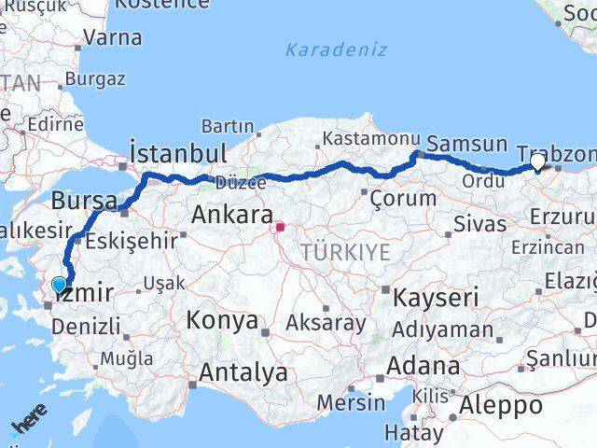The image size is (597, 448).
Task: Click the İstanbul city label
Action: coord(178,152)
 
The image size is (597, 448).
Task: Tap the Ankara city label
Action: coord(232,215)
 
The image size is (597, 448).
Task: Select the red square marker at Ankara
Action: coord(280,226)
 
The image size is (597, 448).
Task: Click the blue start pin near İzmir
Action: coord(60,285)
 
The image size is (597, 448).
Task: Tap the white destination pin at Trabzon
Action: coord(538,163)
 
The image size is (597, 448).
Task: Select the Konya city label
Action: coord(222,320)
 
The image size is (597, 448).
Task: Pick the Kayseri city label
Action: coord(436,299)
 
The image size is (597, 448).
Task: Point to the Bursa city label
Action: coord(84,201)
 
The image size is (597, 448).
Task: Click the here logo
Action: coord(30,425)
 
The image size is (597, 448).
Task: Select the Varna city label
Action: coord(113,38)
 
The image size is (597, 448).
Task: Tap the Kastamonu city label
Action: coord(365,139)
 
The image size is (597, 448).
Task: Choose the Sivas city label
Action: coord(479,224)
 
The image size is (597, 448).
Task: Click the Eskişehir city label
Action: coord(130,241)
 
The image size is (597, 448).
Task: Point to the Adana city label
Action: coord(424,365)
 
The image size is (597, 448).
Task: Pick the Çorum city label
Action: coord(403,198)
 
